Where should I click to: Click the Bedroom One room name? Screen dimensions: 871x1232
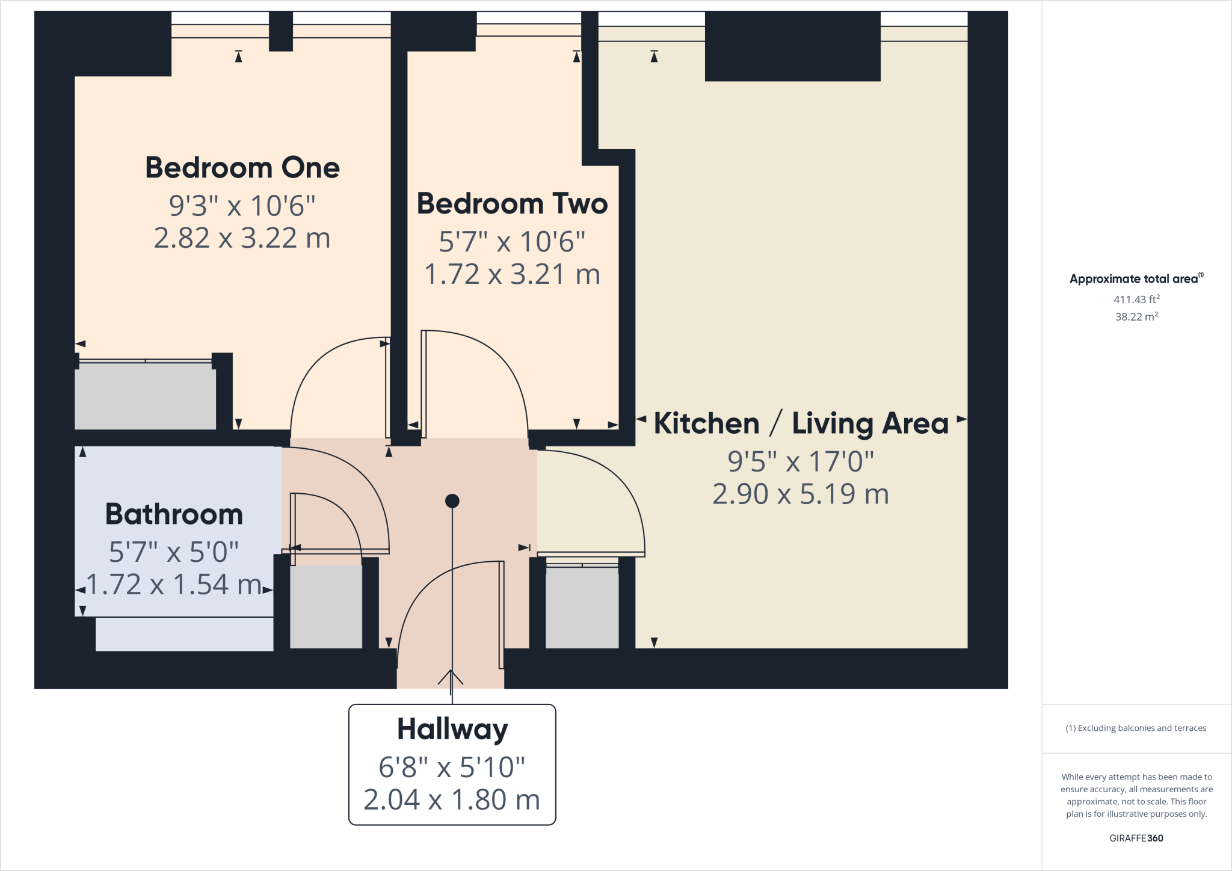coord(242,168)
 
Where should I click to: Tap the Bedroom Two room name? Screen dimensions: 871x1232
coord(512,204)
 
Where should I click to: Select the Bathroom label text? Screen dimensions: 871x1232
coord(174,514)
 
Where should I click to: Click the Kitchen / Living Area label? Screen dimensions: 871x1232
coord(801,423)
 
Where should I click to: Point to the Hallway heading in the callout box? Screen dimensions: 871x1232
coord(452,729)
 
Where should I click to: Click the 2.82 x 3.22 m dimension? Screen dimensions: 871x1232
coord(242,238)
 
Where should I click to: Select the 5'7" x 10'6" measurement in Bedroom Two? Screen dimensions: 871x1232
coord(512,242)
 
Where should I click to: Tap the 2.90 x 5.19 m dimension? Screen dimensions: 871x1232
coord(801,494)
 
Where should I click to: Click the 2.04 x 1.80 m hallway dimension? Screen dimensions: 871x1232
coord(452,800)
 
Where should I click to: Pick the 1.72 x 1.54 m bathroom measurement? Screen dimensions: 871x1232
coord(174,585)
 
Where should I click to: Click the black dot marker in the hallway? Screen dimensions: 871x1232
coord(452,500)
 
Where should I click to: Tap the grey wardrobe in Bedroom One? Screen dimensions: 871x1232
coord(145,396)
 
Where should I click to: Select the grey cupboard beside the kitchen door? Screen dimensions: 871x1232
coord(582,608)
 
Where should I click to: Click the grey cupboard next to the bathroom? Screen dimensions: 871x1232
coord(326,606)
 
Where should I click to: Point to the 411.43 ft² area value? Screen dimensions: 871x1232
coord(1136,300)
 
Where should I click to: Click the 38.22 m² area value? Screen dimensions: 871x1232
coord(1136,317)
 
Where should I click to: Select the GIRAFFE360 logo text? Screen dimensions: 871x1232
coord(1136,838)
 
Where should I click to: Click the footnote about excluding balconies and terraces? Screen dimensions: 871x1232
coord(1136,728)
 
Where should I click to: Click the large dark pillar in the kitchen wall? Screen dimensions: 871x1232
coord(792,47)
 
